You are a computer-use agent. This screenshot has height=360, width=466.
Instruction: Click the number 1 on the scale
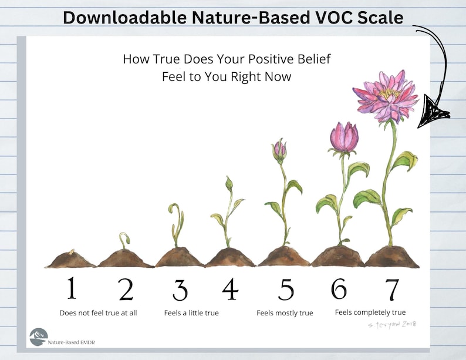[72, 288]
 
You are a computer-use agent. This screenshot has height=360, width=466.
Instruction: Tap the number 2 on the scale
[126, 289]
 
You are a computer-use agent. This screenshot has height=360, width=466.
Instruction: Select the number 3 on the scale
[180, 290]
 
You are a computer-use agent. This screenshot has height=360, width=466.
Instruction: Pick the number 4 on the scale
[229, 288]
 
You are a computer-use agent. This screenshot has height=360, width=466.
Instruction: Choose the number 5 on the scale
[286, 289]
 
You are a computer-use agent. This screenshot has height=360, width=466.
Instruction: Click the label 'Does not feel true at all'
[98, 313]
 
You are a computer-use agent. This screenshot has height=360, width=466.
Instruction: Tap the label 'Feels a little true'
[191, 313]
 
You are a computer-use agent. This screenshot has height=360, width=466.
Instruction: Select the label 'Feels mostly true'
[285, 313]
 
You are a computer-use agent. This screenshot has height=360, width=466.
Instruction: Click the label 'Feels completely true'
[370, 312]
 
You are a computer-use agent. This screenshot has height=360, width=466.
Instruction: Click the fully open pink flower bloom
[386, 95]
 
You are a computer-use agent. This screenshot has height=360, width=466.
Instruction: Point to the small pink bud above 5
[280, 150]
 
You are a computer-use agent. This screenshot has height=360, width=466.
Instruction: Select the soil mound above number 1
[71, 260]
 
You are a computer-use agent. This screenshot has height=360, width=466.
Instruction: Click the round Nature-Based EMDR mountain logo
[39, 337]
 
